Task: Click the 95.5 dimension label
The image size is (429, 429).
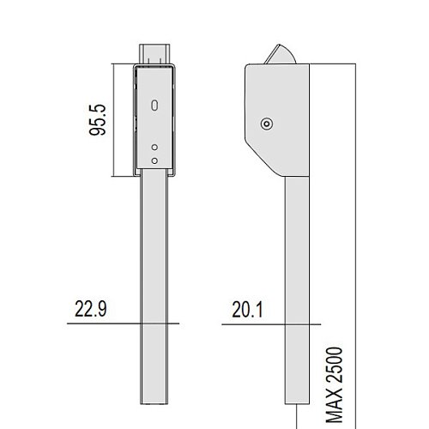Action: [97, 120]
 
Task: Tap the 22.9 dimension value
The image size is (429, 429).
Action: [91, 309]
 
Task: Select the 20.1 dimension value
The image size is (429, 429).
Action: [247, 310]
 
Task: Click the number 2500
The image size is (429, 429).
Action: [335, 365]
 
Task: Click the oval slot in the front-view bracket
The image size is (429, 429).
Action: [154, 105]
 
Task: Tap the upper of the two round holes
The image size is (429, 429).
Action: [154, 148]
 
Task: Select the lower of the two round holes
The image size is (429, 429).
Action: [154, 160]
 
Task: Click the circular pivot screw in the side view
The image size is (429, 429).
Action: [267, 124]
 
